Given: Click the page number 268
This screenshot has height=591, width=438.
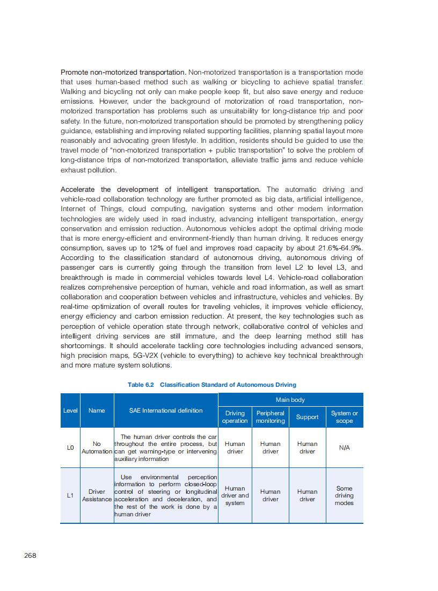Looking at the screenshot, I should tap(30, 556).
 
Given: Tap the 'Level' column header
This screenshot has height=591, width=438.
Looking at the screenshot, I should tap(70, 410).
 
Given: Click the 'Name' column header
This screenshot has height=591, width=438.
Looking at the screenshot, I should tap(97, 410).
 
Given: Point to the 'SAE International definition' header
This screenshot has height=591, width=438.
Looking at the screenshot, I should tap(166, 410).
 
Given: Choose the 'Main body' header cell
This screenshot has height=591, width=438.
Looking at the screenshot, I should tap(290, 400).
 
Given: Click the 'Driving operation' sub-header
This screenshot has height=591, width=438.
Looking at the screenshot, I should tap(235, 417).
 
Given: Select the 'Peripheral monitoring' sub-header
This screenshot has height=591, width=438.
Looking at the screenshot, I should tap(270, 417).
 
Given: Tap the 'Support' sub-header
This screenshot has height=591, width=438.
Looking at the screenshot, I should tap(307, 417).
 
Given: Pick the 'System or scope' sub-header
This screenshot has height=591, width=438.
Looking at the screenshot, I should tap(344, 417).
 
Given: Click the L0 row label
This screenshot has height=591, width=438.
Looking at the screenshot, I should tap(70, 447).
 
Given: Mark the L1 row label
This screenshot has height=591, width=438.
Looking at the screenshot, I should tap(70, 495).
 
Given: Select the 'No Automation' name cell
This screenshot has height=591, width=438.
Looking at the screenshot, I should tap(97, 448).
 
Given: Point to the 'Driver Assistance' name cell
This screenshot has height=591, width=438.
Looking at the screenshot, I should tap(97, 495).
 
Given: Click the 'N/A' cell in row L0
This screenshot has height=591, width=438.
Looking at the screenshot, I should tap(345, 448).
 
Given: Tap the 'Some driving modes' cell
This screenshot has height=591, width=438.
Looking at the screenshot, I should tap(344, 496).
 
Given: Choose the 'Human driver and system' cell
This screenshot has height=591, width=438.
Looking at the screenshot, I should tap(235, 496).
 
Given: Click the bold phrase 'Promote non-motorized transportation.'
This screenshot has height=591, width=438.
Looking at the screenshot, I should tap(123, 72).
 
